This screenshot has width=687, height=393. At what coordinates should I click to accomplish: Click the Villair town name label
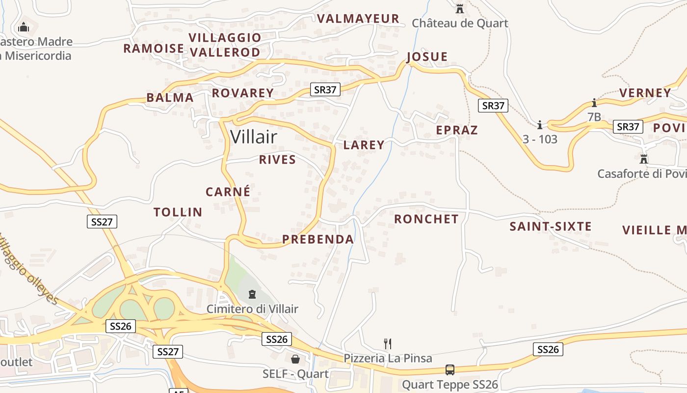[254, 137]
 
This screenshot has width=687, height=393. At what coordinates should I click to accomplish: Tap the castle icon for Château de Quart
[460, 9]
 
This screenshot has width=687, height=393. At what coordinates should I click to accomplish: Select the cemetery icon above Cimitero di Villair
[252, 294]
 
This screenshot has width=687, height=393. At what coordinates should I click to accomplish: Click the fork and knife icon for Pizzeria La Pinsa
[387, 343]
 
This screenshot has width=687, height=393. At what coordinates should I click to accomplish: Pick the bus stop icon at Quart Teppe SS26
[449, 370]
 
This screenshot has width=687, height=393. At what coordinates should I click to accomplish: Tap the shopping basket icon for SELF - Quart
[295, 359]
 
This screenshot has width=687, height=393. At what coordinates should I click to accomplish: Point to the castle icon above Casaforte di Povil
[644, 159]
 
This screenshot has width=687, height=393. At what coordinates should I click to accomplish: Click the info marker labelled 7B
[594, 103]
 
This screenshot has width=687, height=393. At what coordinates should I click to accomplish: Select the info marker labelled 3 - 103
[540, 125]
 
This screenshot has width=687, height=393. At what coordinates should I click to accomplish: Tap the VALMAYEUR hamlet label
[358, 19]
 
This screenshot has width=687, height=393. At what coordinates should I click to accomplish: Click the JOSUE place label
[427, 56]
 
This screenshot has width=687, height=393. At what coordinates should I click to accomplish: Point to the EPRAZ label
[457, 130]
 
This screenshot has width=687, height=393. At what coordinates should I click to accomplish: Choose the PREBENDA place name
[318, 239]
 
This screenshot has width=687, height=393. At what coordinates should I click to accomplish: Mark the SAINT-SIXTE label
[551, 226]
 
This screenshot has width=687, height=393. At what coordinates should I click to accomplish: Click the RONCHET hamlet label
[426, 219]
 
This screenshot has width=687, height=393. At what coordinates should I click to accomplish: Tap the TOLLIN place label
[178, 212]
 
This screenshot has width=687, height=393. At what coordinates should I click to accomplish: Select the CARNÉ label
[228, 192]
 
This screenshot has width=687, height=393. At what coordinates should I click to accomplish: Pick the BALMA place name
[170, 97]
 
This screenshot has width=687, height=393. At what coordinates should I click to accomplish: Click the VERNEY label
[645, 93]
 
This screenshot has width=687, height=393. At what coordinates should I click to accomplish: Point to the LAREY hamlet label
[364, 145]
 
